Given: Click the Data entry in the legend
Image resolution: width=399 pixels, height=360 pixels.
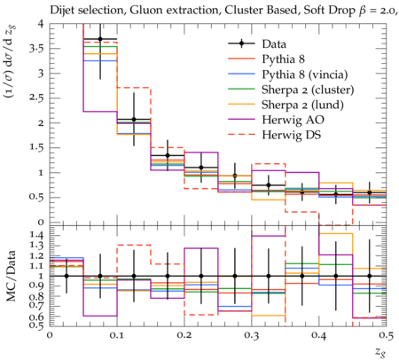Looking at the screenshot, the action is click(x=274, y=44).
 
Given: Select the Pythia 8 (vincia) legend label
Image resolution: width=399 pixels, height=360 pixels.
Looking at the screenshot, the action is click(x=305, y=74).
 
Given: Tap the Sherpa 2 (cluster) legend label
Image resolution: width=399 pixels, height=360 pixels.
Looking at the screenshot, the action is click(x=308, y=90).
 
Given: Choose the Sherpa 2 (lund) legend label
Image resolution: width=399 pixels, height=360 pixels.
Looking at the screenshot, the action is click(x=302, y=105).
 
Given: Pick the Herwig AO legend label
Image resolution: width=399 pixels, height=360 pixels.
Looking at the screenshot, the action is click(x=293, y=120).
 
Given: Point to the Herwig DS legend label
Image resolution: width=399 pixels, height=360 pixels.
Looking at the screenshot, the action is click(x=292, y=135).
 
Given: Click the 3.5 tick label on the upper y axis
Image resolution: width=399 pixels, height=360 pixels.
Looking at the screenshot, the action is click(x=36, y=49).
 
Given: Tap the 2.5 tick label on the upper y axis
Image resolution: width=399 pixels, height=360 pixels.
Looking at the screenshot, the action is click(x=36, y=98).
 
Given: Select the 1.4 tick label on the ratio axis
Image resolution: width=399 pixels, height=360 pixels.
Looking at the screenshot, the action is click(x=36, y=236).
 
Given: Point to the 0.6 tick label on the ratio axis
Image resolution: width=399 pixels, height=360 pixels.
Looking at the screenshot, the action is click(x=36, y=317).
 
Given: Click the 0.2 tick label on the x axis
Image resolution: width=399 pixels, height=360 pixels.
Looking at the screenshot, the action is click(x=184, y=335).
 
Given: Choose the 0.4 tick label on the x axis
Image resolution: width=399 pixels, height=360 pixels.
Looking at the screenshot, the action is click(x=319, y=335).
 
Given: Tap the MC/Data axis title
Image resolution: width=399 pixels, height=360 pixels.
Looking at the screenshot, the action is click(x=12, y=276).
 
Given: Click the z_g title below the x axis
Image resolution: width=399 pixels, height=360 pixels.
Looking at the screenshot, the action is click(x=380, y=352).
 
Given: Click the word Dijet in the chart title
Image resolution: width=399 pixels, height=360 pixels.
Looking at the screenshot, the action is click(x=61, y=11).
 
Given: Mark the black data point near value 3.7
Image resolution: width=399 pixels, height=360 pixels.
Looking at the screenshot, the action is click(x=100, y=39).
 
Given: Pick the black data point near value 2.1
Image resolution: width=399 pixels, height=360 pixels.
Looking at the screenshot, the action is click(x=134, y=120).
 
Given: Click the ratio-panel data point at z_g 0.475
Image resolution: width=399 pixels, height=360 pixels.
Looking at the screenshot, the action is click(x=370, y=276).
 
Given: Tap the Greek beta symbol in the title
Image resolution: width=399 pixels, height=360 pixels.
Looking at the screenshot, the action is click(x=362, y=11).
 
